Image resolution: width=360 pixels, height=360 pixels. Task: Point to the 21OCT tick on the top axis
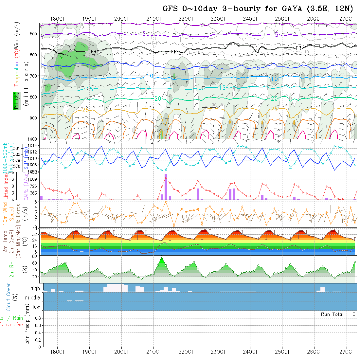tap(154, 19)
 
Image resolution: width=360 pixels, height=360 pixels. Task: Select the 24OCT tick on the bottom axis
tap(250, 352)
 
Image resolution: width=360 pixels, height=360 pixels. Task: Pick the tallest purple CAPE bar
tap(166, 186)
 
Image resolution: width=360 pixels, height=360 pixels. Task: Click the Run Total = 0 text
tap(338, 314)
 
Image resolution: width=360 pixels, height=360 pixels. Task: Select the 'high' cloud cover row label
tap(35, 288)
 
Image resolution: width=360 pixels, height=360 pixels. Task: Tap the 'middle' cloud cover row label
tap(33, 297)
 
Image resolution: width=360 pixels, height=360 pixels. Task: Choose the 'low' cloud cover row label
tap(36, 307)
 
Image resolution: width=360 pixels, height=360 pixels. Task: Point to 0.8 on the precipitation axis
tap(37, 318)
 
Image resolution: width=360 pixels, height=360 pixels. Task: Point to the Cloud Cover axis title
tap(9, 297)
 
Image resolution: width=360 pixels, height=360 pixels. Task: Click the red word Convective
tap(11, 325)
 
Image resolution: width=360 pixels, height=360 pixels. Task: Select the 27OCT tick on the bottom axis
tap(347, 352)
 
